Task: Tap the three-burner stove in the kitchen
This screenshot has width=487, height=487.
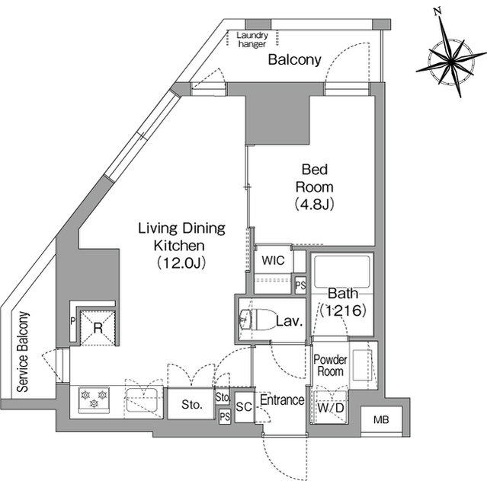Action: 94,400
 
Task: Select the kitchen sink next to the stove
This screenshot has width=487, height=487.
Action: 142,399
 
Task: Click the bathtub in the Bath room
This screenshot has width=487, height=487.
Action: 342,272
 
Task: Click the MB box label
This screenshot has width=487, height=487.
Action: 381,420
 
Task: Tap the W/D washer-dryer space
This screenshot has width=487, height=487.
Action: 330,407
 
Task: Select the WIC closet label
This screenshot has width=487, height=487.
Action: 273,260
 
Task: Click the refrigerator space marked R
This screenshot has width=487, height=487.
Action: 98,328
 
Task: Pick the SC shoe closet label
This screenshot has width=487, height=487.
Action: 244,407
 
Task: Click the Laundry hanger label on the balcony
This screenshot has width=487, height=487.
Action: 252,40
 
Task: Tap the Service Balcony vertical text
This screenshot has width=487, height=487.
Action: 23,352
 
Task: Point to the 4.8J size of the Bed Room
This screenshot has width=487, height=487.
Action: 315,204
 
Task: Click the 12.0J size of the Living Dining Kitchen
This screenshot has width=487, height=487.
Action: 181,263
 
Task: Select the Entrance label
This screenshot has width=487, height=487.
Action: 282,400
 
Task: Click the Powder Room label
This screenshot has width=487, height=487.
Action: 330,365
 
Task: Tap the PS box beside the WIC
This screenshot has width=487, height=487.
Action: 300,285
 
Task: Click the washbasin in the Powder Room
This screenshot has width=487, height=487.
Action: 362,365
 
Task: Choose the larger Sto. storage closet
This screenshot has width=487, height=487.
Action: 191,404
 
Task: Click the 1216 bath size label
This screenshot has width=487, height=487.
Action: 343,310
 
